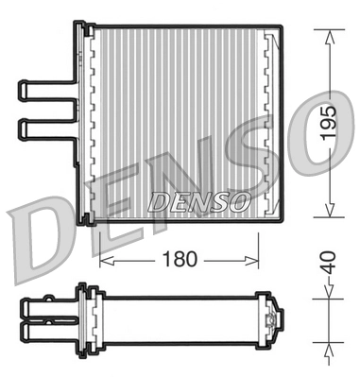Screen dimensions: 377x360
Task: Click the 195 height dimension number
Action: point(328,122)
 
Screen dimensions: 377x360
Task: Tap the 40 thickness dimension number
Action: point(326,262)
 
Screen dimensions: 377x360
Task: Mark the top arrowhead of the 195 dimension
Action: point(328,37)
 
